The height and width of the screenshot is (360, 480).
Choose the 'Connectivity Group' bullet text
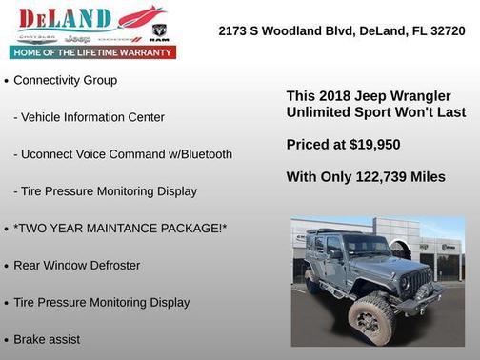point(65,81)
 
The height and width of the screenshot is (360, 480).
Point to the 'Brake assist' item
point(47,339)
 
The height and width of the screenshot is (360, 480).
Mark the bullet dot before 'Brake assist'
point(7,340)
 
